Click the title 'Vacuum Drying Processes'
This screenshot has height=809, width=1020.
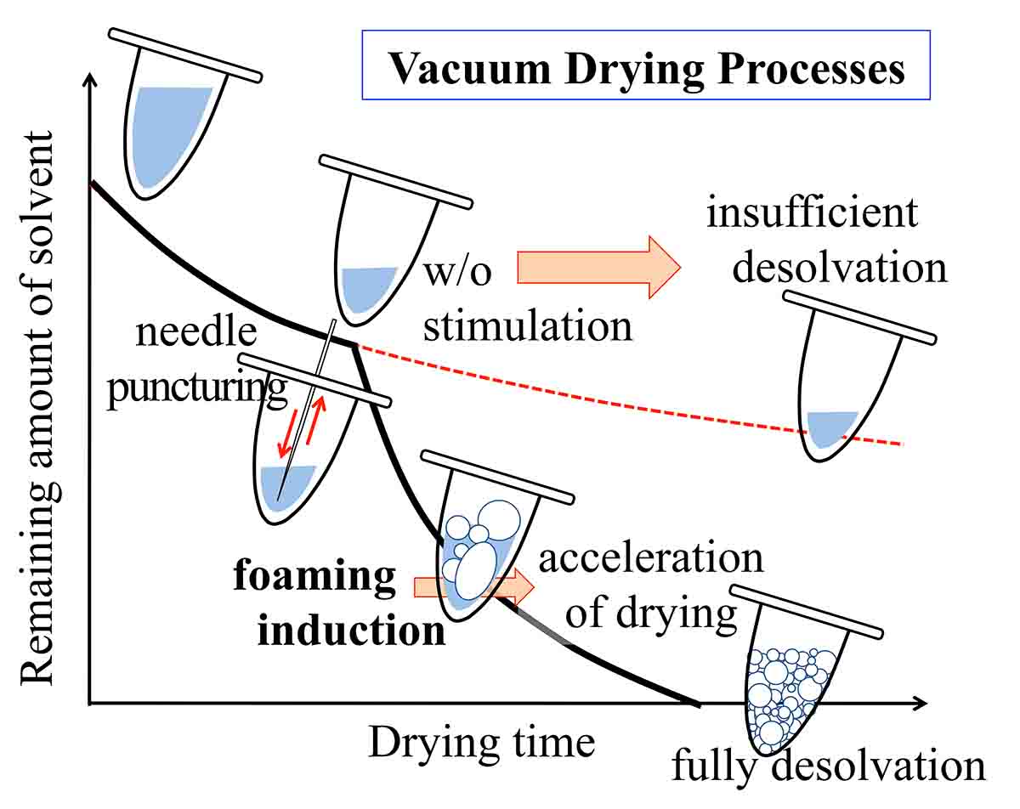646,68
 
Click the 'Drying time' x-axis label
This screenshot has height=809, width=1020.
481,743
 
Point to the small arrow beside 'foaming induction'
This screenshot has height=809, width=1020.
473,586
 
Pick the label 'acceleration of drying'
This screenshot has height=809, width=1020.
651,586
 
